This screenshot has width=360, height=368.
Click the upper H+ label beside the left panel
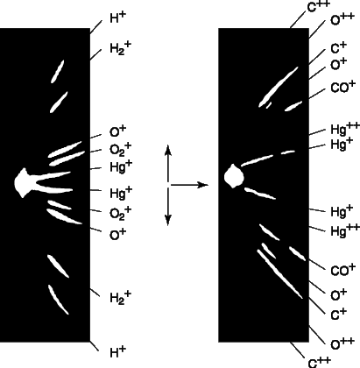click(x=118, y=18)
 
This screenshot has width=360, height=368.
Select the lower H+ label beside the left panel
click(x=118, y=352)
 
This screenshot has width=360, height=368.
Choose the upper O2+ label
click(x=121, y=149)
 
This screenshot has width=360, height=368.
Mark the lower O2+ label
click(x=121, y=213)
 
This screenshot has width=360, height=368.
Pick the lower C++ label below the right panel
click(x=319, y=362)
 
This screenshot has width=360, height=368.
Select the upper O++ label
click(x=342, y=19)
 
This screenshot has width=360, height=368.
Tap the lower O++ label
click(x=342, y=344)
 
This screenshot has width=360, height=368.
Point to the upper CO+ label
click(x=343, y=87)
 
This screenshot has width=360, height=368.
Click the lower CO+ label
click(x=343, y=270)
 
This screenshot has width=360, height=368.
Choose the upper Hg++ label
click(x=345, y=130)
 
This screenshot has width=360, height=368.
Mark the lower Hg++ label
click(x=345, y=230)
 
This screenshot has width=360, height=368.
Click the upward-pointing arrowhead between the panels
click(x=167, y=149)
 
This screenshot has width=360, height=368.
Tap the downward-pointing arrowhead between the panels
click(x=167, y=220)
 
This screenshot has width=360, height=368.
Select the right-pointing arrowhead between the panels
click(x=203, y=185)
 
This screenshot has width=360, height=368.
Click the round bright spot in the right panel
click(x=234, y=176)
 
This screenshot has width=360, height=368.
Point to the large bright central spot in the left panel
click(x=22, y=183)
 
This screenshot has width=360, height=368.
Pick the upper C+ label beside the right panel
click(x=339, y=48)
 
